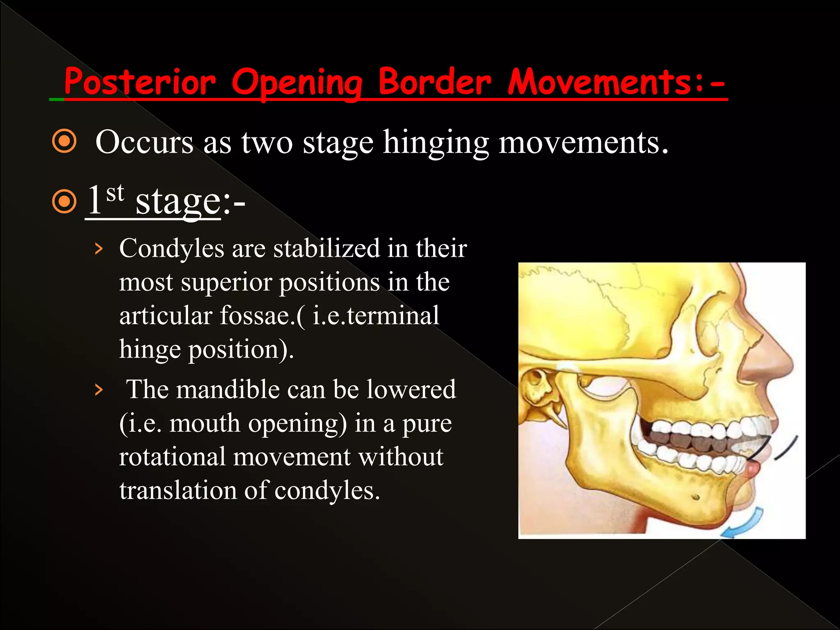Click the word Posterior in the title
139,82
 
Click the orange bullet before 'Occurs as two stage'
64,142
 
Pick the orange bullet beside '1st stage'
64,201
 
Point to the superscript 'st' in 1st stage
115,192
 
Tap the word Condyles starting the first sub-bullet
171,249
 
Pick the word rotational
172,457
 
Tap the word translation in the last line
178,490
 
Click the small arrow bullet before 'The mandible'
98,390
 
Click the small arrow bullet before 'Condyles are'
98,249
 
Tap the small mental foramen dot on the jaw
696,498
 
